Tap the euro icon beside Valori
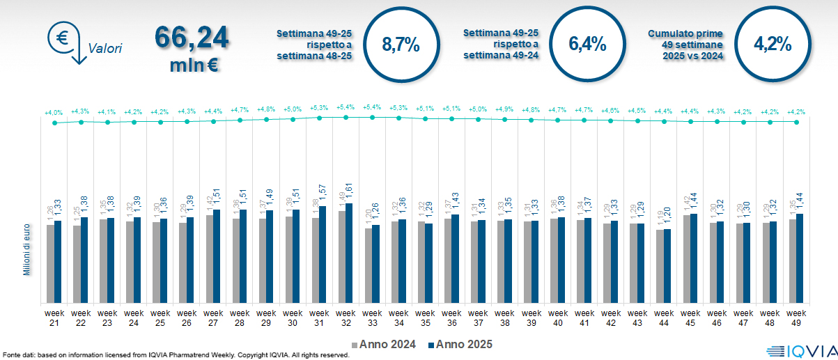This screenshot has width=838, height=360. (x=63, y=38)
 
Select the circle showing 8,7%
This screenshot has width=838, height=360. (x=401, y=45)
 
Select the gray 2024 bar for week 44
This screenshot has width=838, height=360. (x=660, y=267)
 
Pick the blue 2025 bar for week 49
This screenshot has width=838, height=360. (x=800, y=258)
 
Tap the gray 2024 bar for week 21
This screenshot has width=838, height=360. (x=50, y=264)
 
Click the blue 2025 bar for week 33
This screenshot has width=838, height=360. (x=375, y=264)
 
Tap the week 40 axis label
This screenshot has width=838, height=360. (x=557, y=318)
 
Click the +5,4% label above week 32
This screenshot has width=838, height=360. (x=346, y=107)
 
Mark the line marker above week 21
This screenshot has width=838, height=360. (x=54, y=123)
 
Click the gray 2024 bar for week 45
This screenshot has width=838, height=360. (x=686, y=259)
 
